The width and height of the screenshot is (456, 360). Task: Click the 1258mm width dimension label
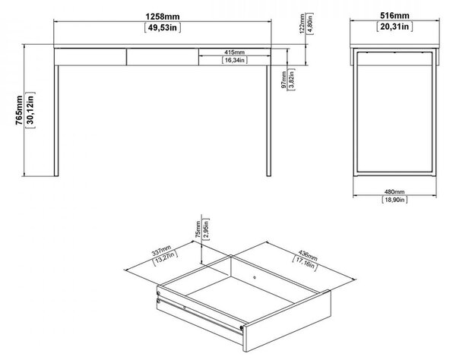click(163, 16)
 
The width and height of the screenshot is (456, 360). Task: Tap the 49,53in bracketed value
click(163, 27)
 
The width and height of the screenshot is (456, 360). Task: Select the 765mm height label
click(19, 110)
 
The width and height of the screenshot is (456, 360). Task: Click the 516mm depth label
click(394, 15)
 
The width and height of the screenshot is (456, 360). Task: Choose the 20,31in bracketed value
click(394, 27)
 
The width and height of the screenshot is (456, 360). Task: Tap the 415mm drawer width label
click(234, 52)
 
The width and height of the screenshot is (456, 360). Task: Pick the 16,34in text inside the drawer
click(234, 60)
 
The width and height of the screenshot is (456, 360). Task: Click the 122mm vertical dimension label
click(302, 24)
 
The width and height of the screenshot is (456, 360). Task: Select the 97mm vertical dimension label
click(283, 81)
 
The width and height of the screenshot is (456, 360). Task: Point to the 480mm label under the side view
click(394, 191)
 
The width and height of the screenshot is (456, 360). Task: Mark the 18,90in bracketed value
click(394, 200)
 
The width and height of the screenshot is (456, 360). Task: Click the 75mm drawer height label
click(198, 229)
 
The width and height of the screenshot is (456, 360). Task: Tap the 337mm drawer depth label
click(162, 251)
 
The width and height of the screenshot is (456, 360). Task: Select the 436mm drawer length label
click(308, 255)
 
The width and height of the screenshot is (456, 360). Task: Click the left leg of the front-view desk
click(56, 121)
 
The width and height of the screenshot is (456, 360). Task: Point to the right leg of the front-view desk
click(269, 121)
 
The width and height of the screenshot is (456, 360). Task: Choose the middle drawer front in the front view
click(163, 57)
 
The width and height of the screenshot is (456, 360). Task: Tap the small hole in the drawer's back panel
click(255, 277)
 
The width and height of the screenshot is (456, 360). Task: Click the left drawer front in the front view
click(90, 57)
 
